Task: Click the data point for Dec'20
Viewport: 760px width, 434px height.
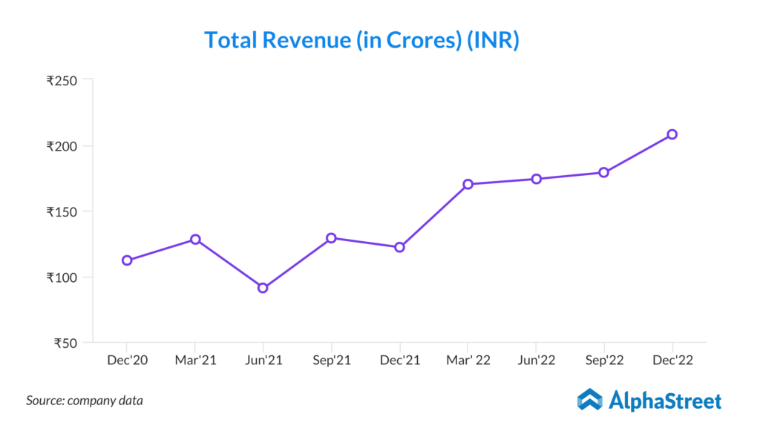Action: pos(127,260)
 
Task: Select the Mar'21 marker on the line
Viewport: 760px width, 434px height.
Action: pos(195,240)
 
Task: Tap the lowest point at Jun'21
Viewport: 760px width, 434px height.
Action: pos(263,288)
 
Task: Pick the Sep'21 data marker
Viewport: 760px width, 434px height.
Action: pos(331,238)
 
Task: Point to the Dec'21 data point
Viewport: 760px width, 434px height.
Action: pos(399,247)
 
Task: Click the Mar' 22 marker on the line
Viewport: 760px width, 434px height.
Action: pos(468,184)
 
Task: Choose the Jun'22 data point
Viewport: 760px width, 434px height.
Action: pos(536,179)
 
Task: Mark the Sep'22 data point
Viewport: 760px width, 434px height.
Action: pos(604,173)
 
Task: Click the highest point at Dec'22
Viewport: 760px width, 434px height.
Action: pos(672,134)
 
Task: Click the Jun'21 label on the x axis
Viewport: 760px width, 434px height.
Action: pos(263,361)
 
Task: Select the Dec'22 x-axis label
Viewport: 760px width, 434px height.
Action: pos(672,361)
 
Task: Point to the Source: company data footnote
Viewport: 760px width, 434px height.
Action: pos(85,401)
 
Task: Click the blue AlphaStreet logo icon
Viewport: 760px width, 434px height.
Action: pos(590,400)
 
